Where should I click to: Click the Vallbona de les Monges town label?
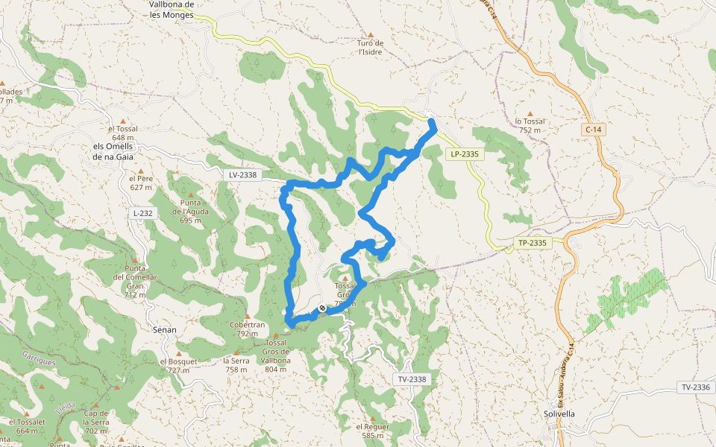[172, 9]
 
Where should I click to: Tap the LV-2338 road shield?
[243, 175]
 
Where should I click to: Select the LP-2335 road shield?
[464, 154]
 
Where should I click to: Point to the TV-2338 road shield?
[412, 379]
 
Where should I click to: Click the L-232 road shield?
[142, 213]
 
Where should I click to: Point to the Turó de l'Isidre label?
[371, 48]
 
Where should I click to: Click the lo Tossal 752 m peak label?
[530, 125]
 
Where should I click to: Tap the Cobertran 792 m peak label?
[248, 329]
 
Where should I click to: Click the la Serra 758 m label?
[236, 365]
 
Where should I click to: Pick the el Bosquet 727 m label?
[178, 366]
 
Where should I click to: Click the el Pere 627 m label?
[140, 183]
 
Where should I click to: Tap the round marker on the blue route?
[322, 308]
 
